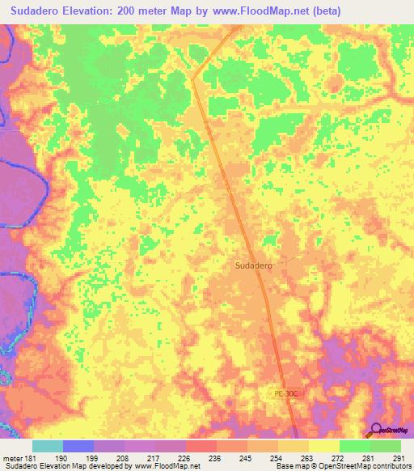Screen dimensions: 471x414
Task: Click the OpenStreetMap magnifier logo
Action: [x=376, y=429]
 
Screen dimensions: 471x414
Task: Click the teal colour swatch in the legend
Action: [x=48, y=446]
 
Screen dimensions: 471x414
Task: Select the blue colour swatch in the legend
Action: [x=78, y=446]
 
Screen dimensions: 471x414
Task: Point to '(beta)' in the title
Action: [x=325, y=11]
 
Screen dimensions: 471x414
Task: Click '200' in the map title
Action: [x=128, y=11]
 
